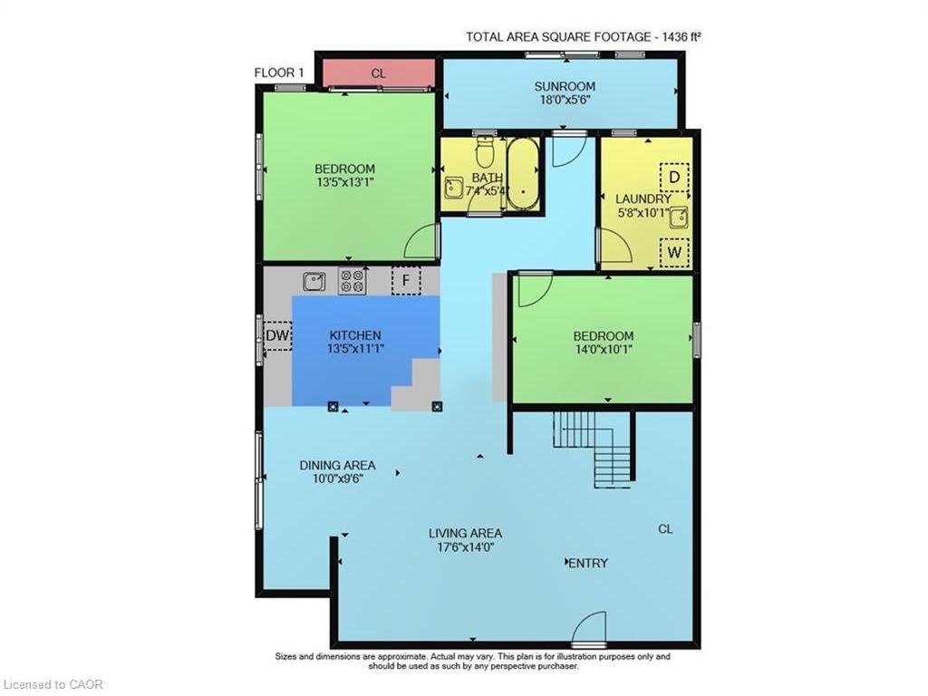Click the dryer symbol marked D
click(673, 176)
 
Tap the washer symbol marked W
click(673, 252)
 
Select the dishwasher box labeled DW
click(277, 336)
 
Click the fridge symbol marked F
click(406, 280)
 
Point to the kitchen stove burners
click(352, 281)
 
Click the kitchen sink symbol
click(314, 281)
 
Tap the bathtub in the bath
click(522, 173)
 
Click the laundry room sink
click(677, 216)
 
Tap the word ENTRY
click(587, 563)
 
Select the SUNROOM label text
click(562, 87)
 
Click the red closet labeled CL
click(379, 72)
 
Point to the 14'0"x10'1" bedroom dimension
click(602, 349)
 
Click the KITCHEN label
click(354, 334)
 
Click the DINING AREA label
click(337, 466)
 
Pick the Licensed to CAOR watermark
click(53, 684)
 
